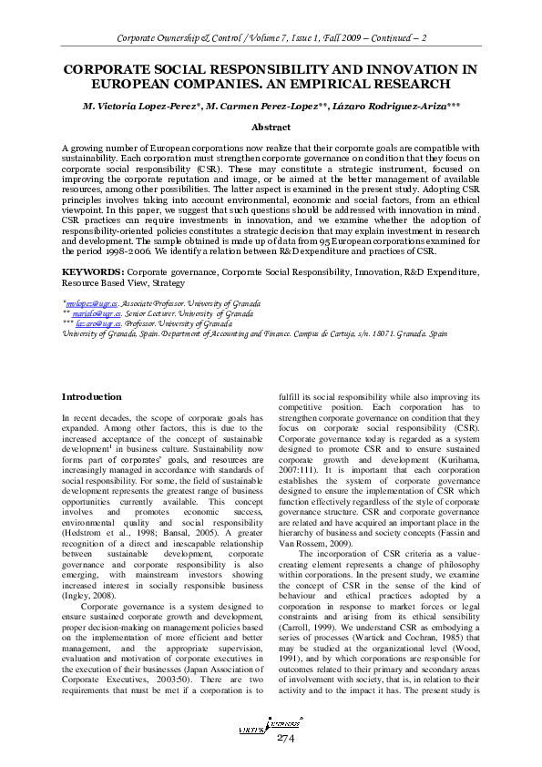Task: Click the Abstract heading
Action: pyautogui.click(x=271, y=128)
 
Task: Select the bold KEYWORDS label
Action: pyautogui.click(x=92, y=272)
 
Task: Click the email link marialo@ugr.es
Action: pyautogui.click(x=91, y=312)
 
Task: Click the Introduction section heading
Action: pyautogui.click(x=91, y=397)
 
